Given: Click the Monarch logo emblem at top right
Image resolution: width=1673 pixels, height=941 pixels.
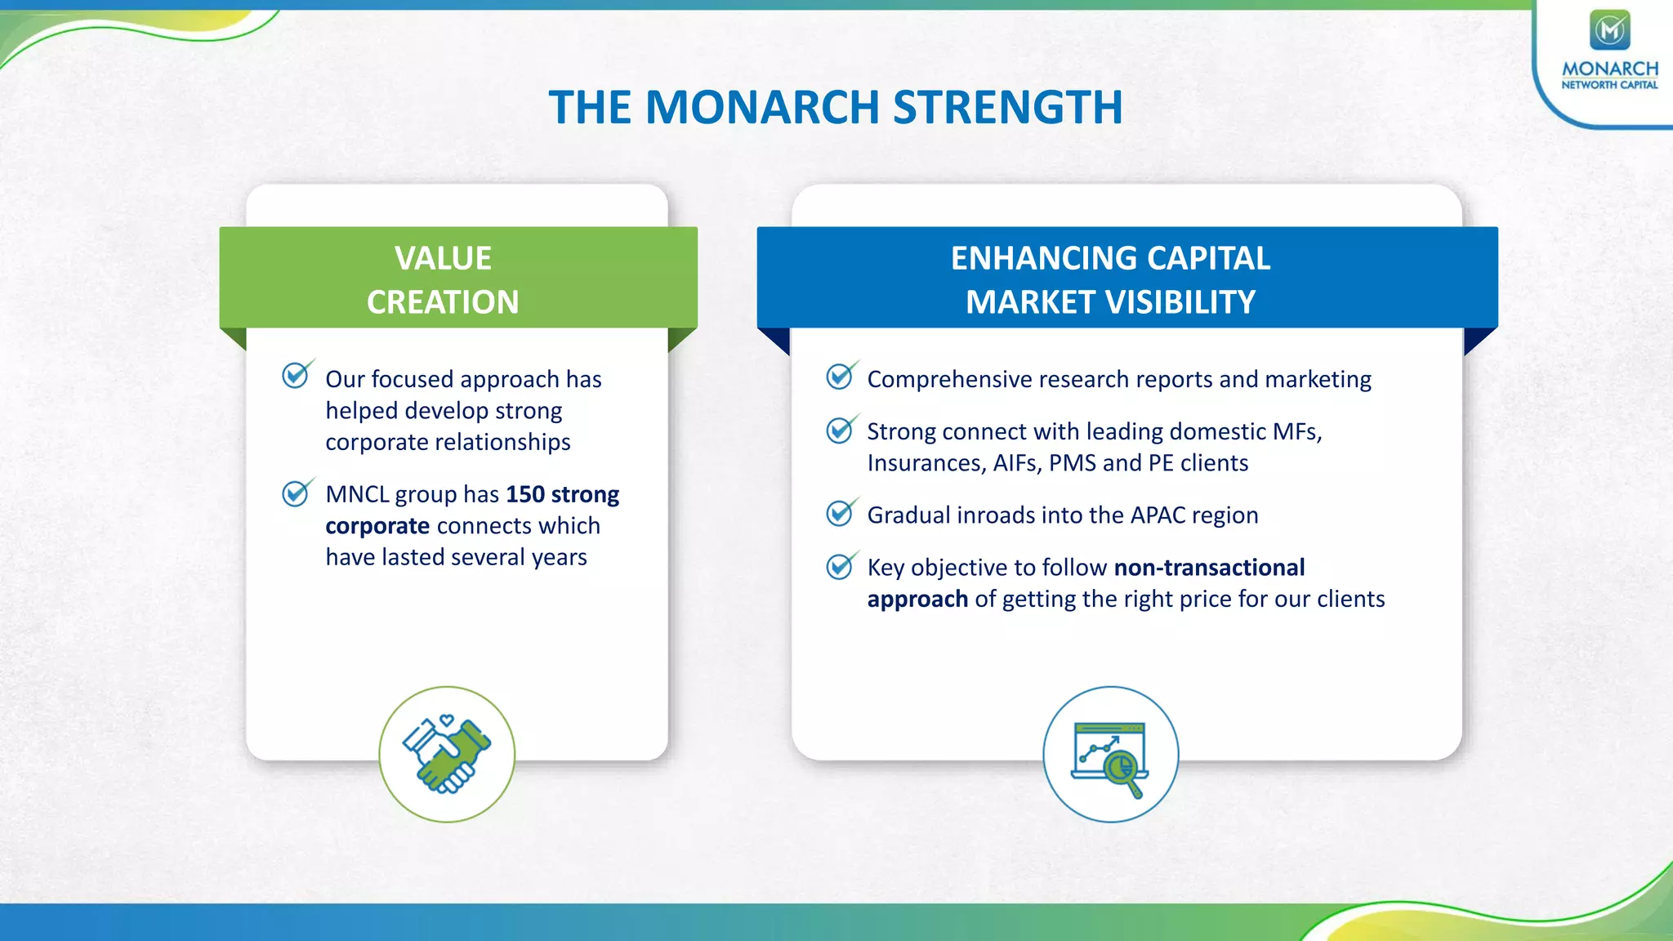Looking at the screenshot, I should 1609,30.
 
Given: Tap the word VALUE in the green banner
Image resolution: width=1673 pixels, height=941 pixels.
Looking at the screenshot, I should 443,258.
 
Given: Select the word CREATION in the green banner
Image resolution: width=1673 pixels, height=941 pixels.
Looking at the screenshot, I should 443,302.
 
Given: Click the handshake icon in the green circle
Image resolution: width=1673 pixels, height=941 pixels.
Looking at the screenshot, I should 447,754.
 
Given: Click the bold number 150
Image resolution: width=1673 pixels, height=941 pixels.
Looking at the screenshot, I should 524,494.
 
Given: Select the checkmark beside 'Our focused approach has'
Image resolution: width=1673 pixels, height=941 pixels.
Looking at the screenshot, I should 295,375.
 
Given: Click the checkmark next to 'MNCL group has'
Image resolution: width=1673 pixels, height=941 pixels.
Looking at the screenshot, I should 295,493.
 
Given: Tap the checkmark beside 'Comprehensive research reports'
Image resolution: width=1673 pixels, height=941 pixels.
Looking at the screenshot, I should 839,376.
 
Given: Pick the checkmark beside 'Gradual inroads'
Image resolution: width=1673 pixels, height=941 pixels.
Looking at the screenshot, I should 839,513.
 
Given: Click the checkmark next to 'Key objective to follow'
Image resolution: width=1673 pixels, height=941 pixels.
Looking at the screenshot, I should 839,566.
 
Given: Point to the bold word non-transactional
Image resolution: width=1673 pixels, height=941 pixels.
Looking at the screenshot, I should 1209,568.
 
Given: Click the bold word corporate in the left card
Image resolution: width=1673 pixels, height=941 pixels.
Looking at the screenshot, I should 377,526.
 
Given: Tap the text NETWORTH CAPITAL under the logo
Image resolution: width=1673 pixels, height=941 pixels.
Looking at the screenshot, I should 1609,85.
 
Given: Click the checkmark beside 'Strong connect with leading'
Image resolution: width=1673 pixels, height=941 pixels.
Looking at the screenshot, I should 839,430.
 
